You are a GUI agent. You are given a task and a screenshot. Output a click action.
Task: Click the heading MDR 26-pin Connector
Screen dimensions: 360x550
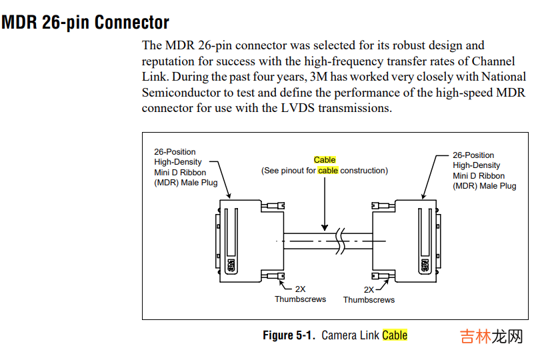tap(85, 22)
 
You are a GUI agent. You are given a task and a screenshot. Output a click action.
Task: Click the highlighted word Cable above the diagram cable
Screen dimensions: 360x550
tap(325, 160)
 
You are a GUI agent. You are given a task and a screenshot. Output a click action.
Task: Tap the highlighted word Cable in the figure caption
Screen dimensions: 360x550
tap(395, 335)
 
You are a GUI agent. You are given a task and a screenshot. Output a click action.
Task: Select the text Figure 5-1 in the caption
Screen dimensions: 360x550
tap(289, 335)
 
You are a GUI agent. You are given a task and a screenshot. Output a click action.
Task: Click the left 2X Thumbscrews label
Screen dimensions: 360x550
tap(300, 295)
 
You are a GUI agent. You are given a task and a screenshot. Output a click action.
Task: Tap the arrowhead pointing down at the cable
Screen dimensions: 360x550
tap(325, 227)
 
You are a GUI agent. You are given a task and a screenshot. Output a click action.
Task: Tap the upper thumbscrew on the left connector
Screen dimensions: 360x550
tap(274, 207)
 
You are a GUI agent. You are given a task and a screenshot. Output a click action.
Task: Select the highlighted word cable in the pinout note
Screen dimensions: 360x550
tap(328, 171)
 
